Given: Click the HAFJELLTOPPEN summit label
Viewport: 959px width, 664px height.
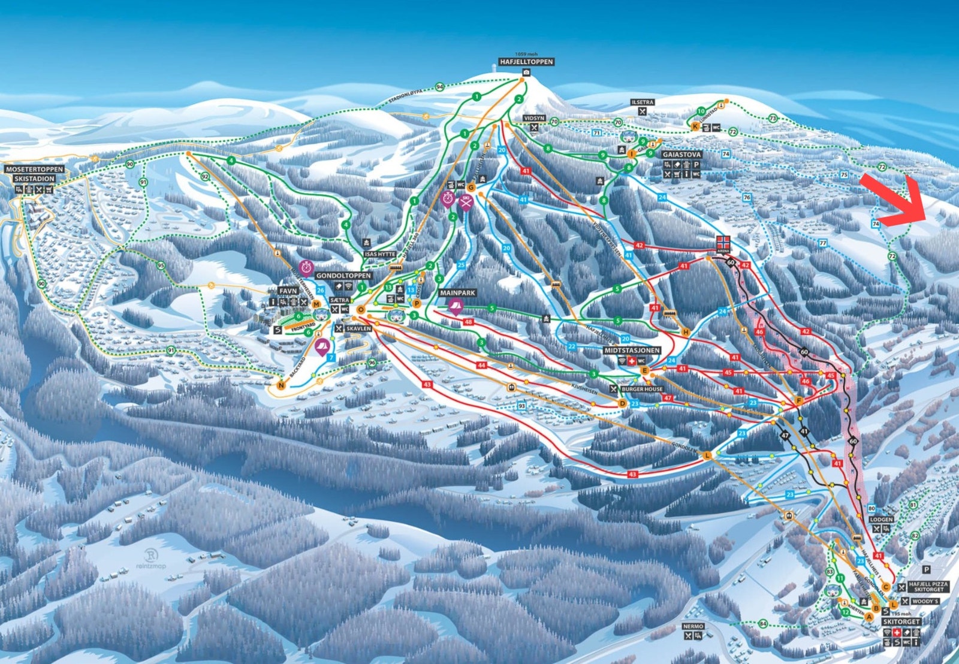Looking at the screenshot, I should (x=526, y=62).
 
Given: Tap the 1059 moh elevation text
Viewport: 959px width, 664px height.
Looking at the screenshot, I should (x=526, y=55).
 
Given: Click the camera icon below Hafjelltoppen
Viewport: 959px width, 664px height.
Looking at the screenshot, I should (x=526, y=73).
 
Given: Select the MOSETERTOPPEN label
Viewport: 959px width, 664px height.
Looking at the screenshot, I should (x=34, y=170).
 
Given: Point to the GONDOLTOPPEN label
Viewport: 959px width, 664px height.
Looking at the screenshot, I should (x=343, y=276).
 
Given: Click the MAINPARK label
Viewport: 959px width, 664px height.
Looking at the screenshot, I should (x=457, y=293).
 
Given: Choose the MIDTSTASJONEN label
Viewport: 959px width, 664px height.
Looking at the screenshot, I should (x=632, y=351).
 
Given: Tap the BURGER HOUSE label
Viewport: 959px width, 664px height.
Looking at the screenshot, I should (x=642, y=389).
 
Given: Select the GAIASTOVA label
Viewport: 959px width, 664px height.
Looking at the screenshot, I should (x=681, y=155).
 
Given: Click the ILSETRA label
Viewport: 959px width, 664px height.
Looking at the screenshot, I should (x=643, y=102).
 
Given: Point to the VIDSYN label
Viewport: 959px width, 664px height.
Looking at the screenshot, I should (x=534, y=119).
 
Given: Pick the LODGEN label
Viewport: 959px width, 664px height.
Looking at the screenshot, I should (x=881, y=520).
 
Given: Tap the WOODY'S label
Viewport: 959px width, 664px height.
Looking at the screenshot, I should (x=925, y=601).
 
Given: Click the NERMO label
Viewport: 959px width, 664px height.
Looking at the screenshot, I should (x=693, y=626).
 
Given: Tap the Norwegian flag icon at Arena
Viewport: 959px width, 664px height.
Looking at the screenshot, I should (x=723, y=242).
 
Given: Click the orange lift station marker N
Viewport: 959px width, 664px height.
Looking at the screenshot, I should (x=281, y=386).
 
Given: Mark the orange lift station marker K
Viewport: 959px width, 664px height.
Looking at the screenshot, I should (x=695, y=127).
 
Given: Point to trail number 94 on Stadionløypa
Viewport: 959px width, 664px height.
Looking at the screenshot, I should (x=440, y=87).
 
